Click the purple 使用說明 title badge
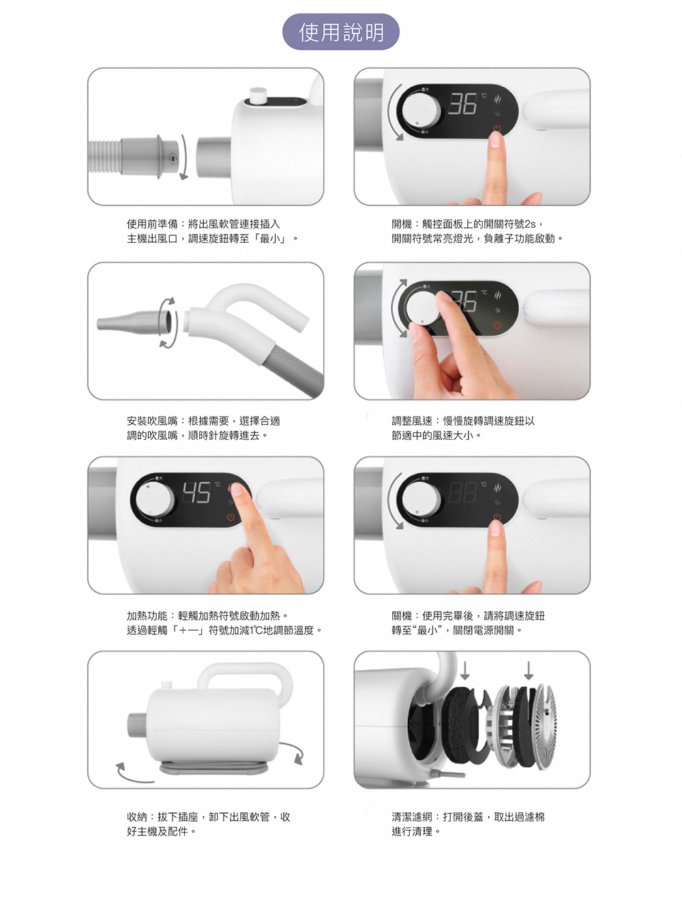[340, 32]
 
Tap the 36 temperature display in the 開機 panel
[462, 104]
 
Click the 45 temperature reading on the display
[196, 493]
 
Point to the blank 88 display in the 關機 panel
[462, 493]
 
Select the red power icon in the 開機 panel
[496, 129]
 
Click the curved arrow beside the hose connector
[184, 157]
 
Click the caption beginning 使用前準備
[212, 231]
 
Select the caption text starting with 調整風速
[463, 428]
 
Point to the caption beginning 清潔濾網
[468, 825]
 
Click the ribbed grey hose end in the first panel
[104, 156]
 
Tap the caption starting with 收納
[208, 825]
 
